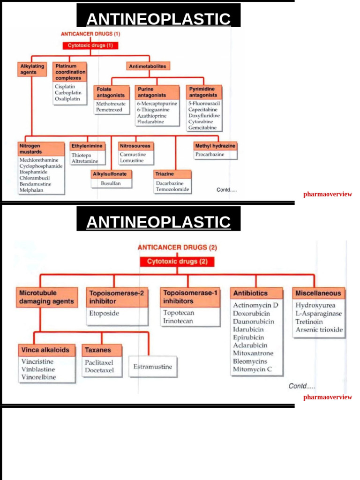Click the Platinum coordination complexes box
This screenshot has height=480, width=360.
(70, 72)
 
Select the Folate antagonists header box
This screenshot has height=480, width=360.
(111, 92)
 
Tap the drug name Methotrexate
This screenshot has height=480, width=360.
(111, 104)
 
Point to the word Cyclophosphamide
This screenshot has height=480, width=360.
(41, 166)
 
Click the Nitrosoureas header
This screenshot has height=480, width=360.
(135, 146)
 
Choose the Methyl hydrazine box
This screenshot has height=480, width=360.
(216, 146)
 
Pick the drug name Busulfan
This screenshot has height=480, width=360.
(111, 183)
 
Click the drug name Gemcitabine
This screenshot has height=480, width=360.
(202, 127)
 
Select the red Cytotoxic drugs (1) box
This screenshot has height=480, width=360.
(90, 45)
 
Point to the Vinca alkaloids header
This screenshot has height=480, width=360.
(45, 350)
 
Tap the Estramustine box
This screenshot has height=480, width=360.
(152, 367)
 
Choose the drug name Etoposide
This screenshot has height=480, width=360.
(104, 313)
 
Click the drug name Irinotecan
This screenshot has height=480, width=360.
(178, 321)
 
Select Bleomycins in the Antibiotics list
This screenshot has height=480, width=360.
(250, 361)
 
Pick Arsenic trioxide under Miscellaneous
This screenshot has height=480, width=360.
(319, 330)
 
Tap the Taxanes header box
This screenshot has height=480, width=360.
(98, 350)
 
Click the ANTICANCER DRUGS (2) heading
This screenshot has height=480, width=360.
(177, 247)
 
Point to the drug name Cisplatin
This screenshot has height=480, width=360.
(65, 87)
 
